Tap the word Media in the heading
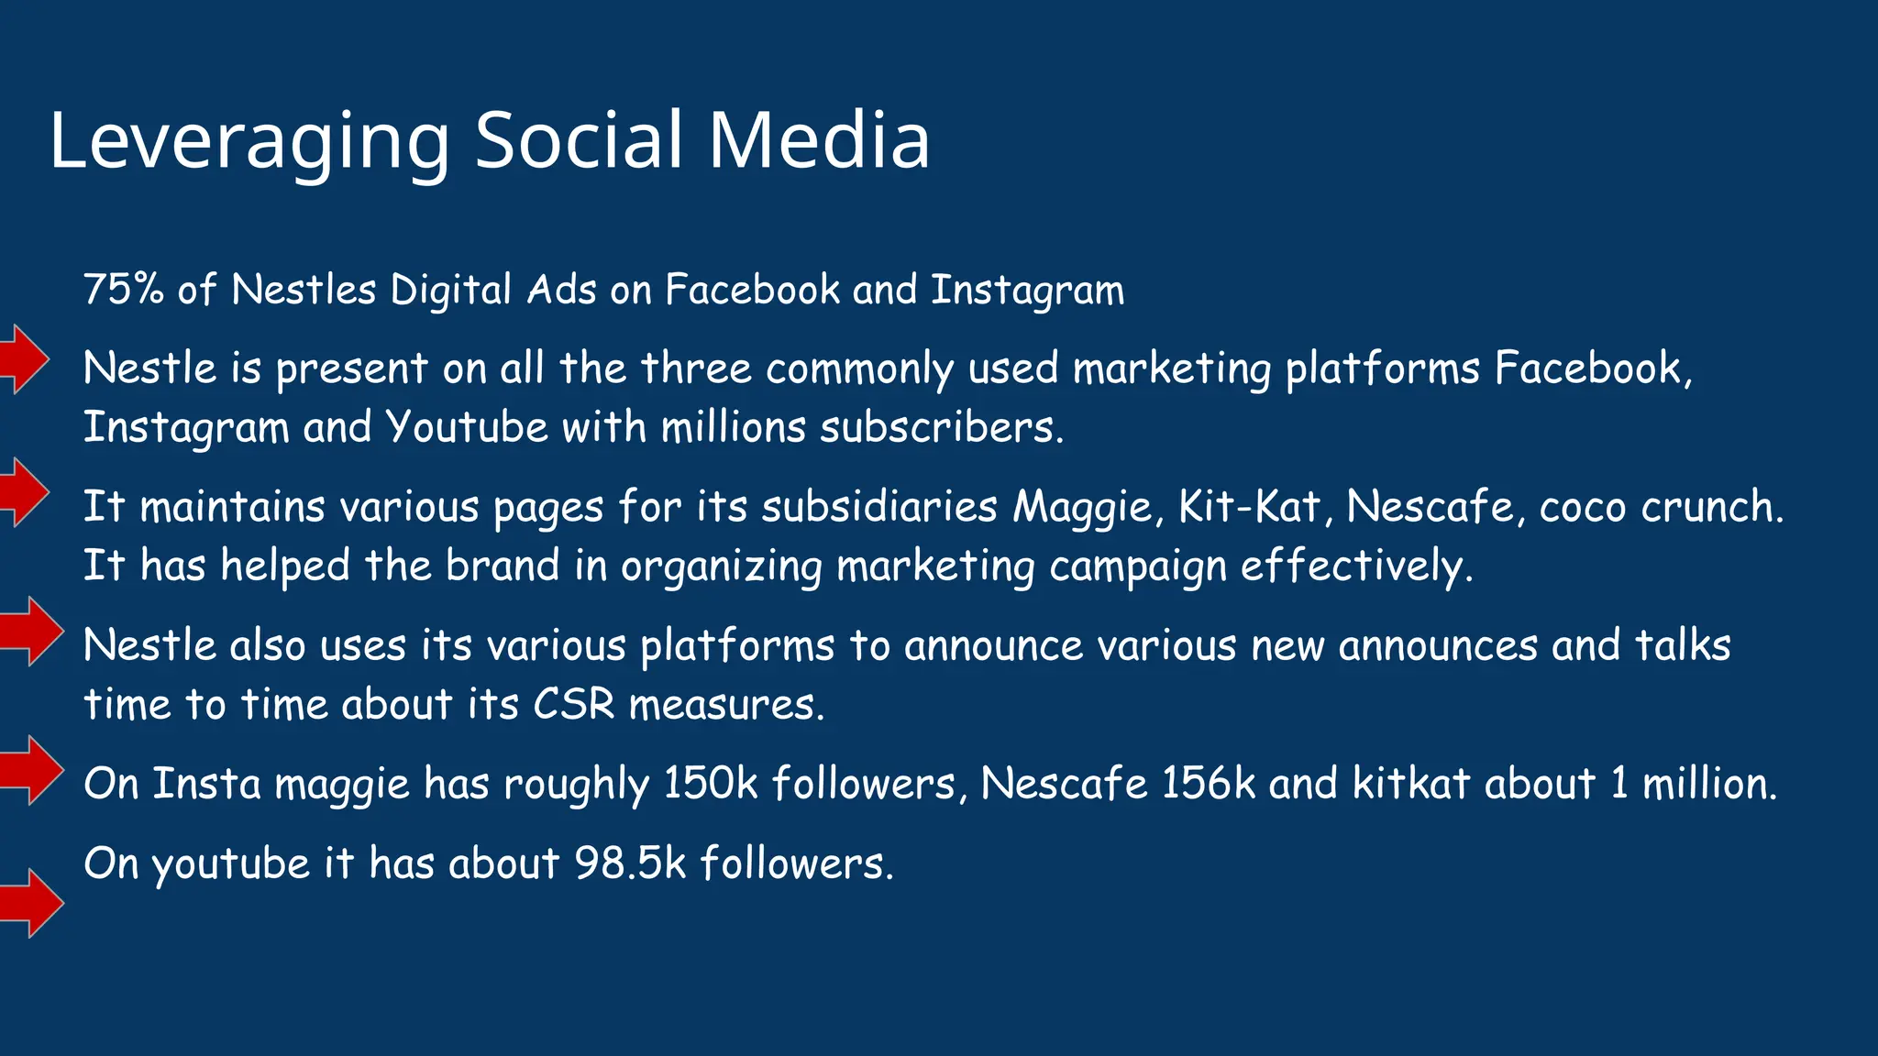pos(819,140)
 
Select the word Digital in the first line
pos(450,291)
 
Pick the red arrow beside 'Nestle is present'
pos(25,359)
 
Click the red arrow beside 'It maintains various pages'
pos(25,493)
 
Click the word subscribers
pos(942,427)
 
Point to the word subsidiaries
pos(879,507)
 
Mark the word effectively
pos(1356,566)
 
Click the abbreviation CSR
pos(574,705)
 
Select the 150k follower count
pos(711,784)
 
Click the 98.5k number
pos(630,863)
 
